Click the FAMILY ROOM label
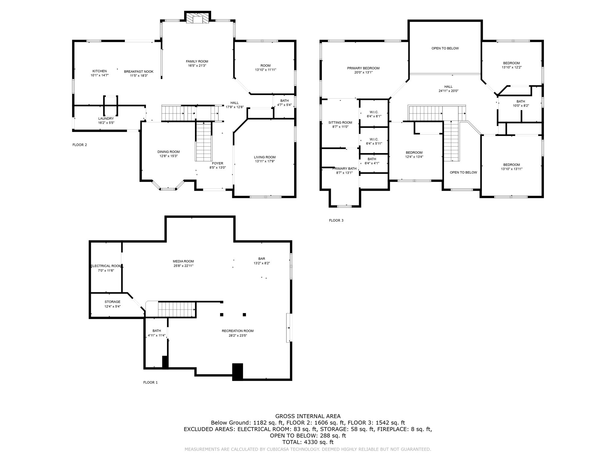click(197, 61)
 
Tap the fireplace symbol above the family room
click(197, 18)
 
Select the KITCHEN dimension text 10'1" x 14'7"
click(100, 75)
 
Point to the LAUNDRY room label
click(106, 119)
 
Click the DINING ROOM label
click(168, 152)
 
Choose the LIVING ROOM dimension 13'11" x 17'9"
click(265, 161)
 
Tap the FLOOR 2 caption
click(80, 145)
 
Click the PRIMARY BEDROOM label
click(363, 68)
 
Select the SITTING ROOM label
click(340, 122)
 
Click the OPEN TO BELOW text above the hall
click(445, 48)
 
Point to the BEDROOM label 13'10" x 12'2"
click(511, 63)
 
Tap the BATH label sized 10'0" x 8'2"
click(521, 102)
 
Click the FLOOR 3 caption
click(336, 220)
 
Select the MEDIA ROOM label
click(183, 261)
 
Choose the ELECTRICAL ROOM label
click(106, 266)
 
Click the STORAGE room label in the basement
click(112, 302)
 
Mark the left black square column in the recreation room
click(222, 315)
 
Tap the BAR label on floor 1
click(262, 259)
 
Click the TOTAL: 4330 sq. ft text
click(308, 442)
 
